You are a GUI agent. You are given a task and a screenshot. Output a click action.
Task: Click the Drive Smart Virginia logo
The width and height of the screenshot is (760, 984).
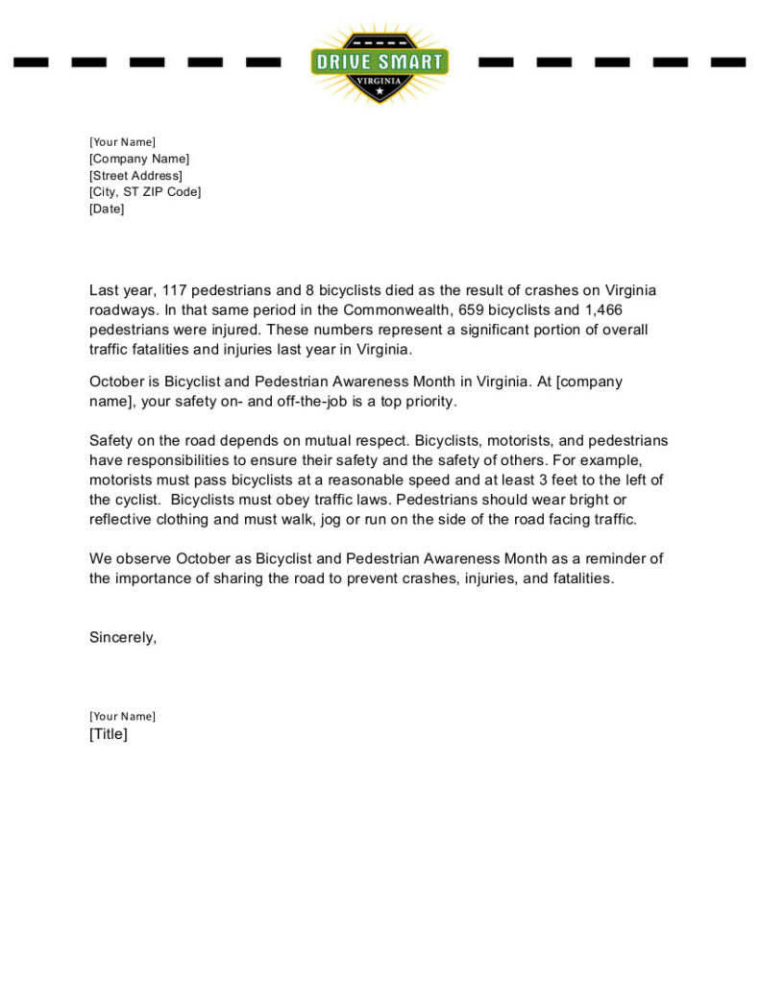[x=380, y=62]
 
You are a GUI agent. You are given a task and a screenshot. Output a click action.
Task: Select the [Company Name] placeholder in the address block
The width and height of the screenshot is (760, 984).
[x=139, y=159]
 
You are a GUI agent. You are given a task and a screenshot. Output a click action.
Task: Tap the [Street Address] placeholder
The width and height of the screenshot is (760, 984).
[x=135, y=176]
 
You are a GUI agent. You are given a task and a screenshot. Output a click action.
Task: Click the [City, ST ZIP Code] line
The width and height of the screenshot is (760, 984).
[x=145, y=192]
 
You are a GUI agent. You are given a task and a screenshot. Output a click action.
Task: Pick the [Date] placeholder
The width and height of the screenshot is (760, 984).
[x=107, y=209]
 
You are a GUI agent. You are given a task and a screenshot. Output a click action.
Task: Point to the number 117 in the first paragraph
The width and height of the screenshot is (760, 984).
[x=175, y=290]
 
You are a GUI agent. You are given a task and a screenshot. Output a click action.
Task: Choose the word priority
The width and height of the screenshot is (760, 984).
[x=432, y=401]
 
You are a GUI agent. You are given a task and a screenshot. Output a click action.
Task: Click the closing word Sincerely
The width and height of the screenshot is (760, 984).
[x=122, y=637]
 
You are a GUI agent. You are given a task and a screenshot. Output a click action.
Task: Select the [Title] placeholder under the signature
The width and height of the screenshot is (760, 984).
[x=109, y=734]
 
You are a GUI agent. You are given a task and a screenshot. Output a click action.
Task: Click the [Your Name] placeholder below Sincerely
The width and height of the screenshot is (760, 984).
[x=122, y=716]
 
